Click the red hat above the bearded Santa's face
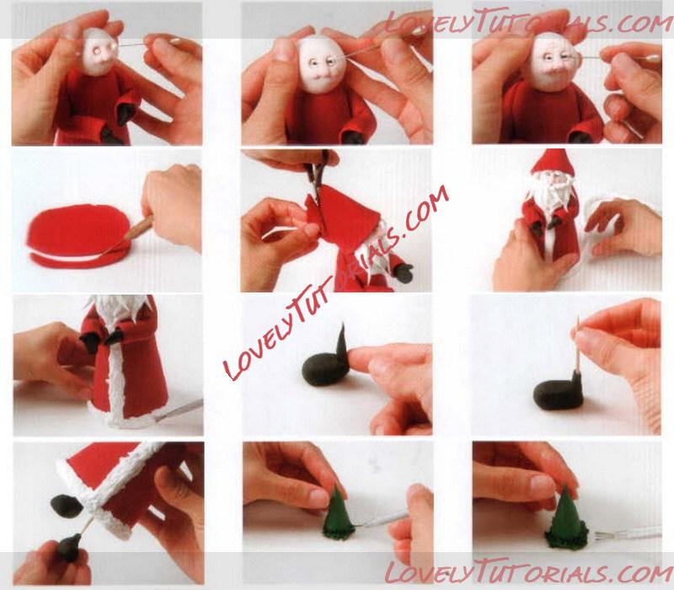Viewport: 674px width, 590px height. click(553, 162)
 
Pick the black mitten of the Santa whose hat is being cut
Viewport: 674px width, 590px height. click(404, 272)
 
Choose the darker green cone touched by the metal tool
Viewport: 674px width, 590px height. click(338, 516)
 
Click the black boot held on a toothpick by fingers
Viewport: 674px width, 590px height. click(69, 547)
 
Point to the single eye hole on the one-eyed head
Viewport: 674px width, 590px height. click(97, 51)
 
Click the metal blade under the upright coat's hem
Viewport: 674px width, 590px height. click(179, 410)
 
